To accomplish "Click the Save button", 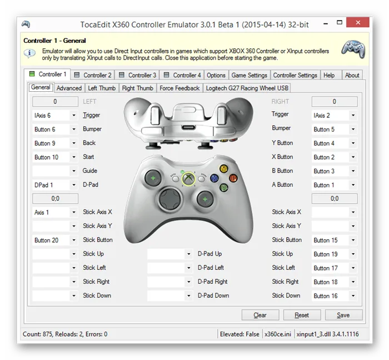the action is tap(343, 315).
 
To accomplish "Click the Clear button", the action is tap(260, 315).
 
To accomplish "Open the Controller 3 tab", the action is tap(137, 75).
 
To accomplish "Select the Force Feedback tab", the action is tap(179, 88).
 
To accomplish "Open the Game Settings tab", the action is tap(249, 75).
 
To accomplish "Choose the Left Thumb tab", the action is tap(102, 88).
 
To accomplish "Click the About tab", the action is tap(352, 75).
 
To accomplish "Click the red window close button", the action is tap(358, 23).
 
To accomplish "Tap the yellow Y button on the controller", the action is tap(224, 169).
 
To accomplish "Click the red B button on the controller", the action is tap(233, 178).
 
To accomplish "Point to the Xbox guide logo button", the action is tap(188, 179).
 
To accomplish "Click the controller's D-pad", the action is tap(169, 199).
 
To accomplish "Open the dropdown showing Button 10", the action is tap(55, 157).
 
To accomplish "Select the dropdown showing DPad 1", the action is tap(55, 185).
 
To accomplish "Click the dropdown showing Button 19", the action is tap(335, 254).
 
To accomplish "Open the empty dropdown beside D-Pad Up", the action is tap(170, 254).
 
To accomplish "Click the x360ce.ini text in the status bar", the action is tap(278, 334).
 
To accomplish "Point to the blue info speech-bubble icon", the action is tap(29, 53).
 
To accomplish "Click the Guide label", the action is tap(90, 171).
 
